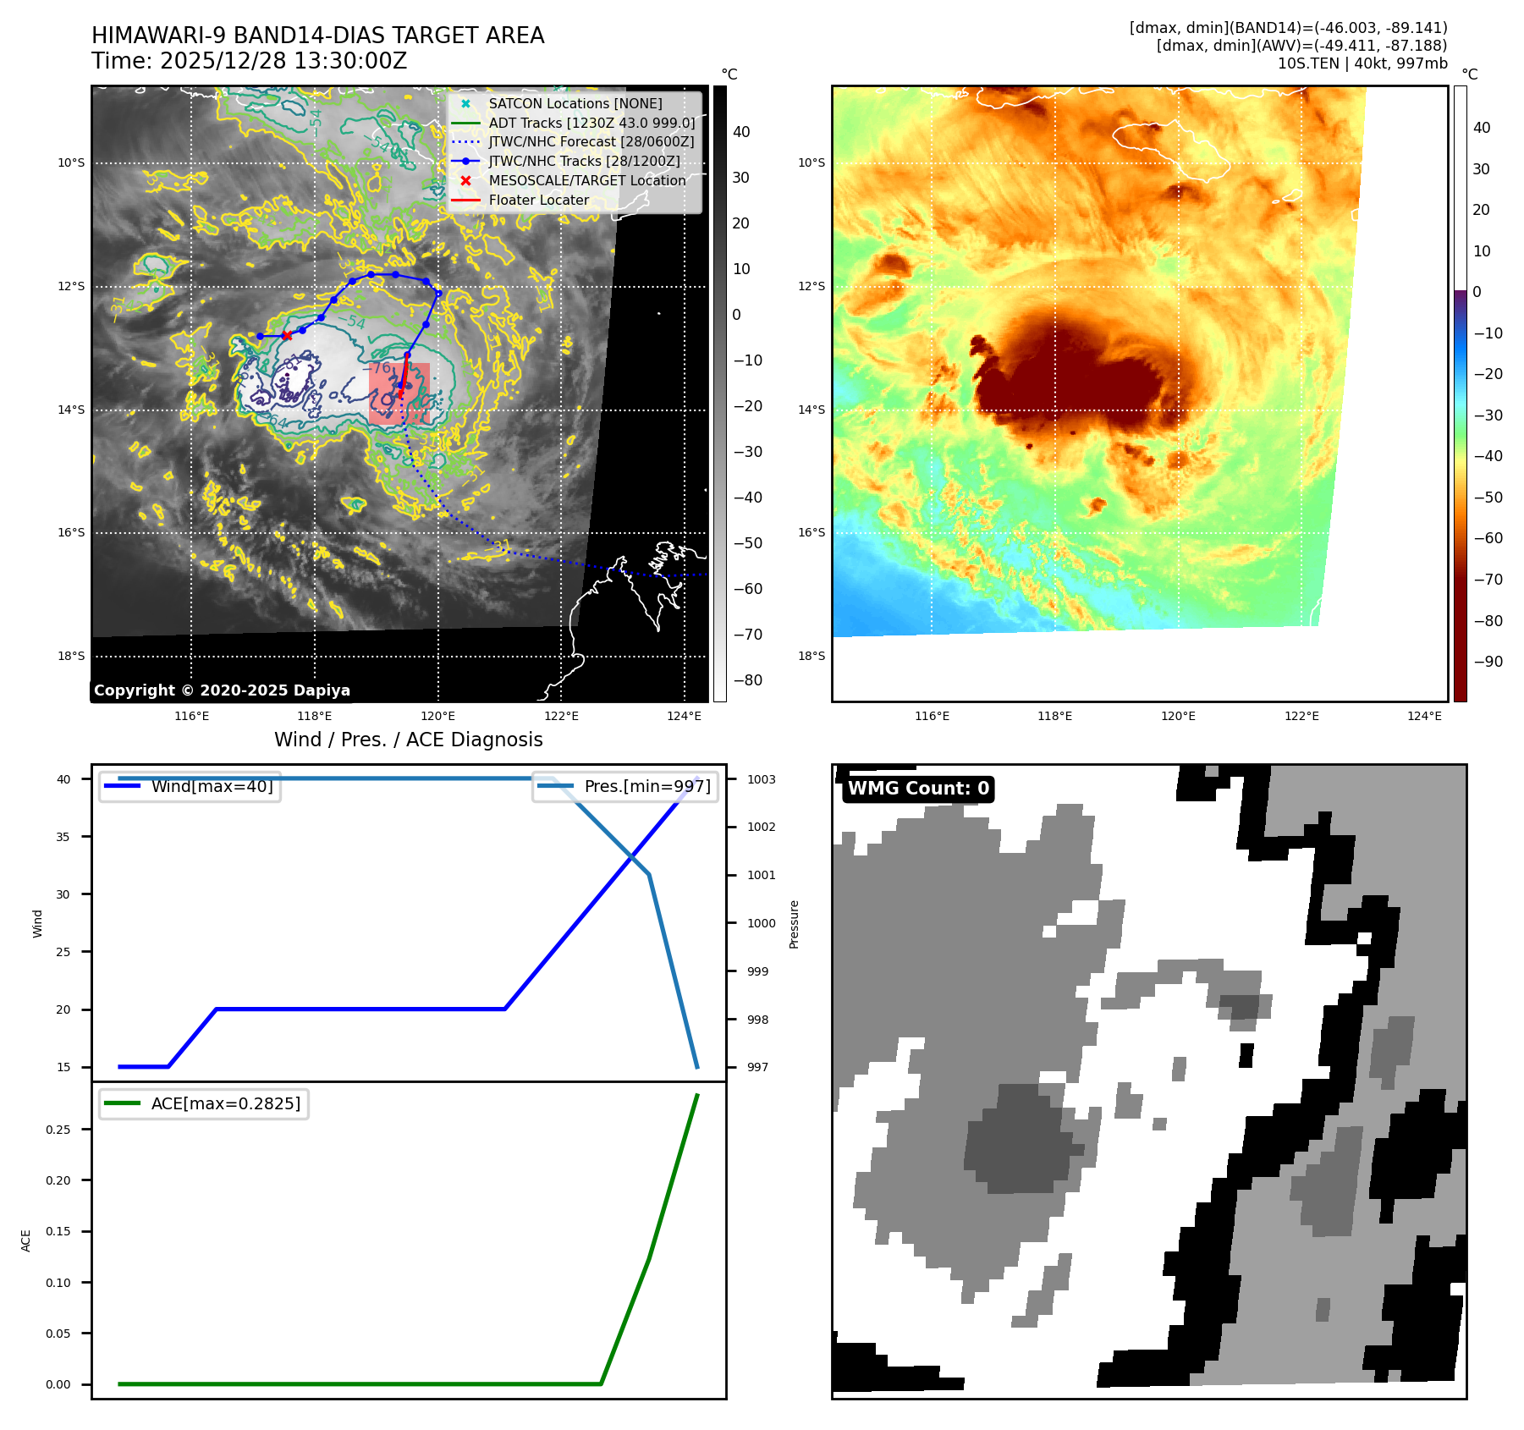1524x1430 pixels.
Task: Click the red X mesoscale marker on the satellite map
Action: [x=287, y=336]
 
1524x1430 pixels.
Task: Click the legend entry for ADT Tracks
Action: [x=591, y=123]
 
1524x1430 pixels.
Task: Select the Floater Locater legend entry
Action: [x=538, y=200]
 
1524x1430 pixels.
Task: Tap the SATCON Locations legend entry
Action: [x=575, y=103]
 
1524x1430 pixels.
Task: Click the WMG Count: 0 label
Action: [x=918, y=789]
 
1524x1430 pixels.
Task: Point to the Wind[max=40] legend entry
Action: [x=212, y=786]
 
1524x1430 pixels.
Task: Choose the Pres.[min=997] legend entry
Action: [x=647, y=786]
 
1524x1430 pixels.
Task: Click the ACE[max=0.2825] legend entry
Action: [x=225, y=1103]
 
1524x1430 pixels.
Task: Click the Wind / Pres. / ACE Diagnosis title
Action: [x=408, y=740]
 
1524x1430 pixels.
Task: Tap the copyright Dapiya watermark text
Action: [x=222, y=690]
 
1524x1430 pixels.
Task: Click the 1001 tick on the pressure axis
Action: [x=761, y=875]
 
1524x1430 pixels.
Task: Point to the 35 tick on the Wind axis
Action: [x=63, y=837]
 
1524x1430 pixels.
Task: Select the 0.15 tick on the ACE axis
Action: [x=58, y=1231]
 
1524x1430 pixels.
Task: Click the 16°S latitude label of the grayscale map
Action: [x=71, y=532]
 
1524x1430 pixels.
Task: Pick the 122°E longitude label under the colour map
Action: [x=1301, y=716]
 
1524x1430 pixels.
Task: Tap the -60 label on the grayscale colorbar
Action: [x=747, y=589]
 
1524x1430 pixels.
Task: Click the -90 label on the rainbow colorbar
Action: [x=1488, y=662]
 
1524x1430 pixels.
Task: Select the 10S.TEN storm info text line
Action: [x=1362, y=63]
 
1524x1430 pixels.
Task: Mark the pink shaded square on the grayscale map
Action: [x=399, y=393]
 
